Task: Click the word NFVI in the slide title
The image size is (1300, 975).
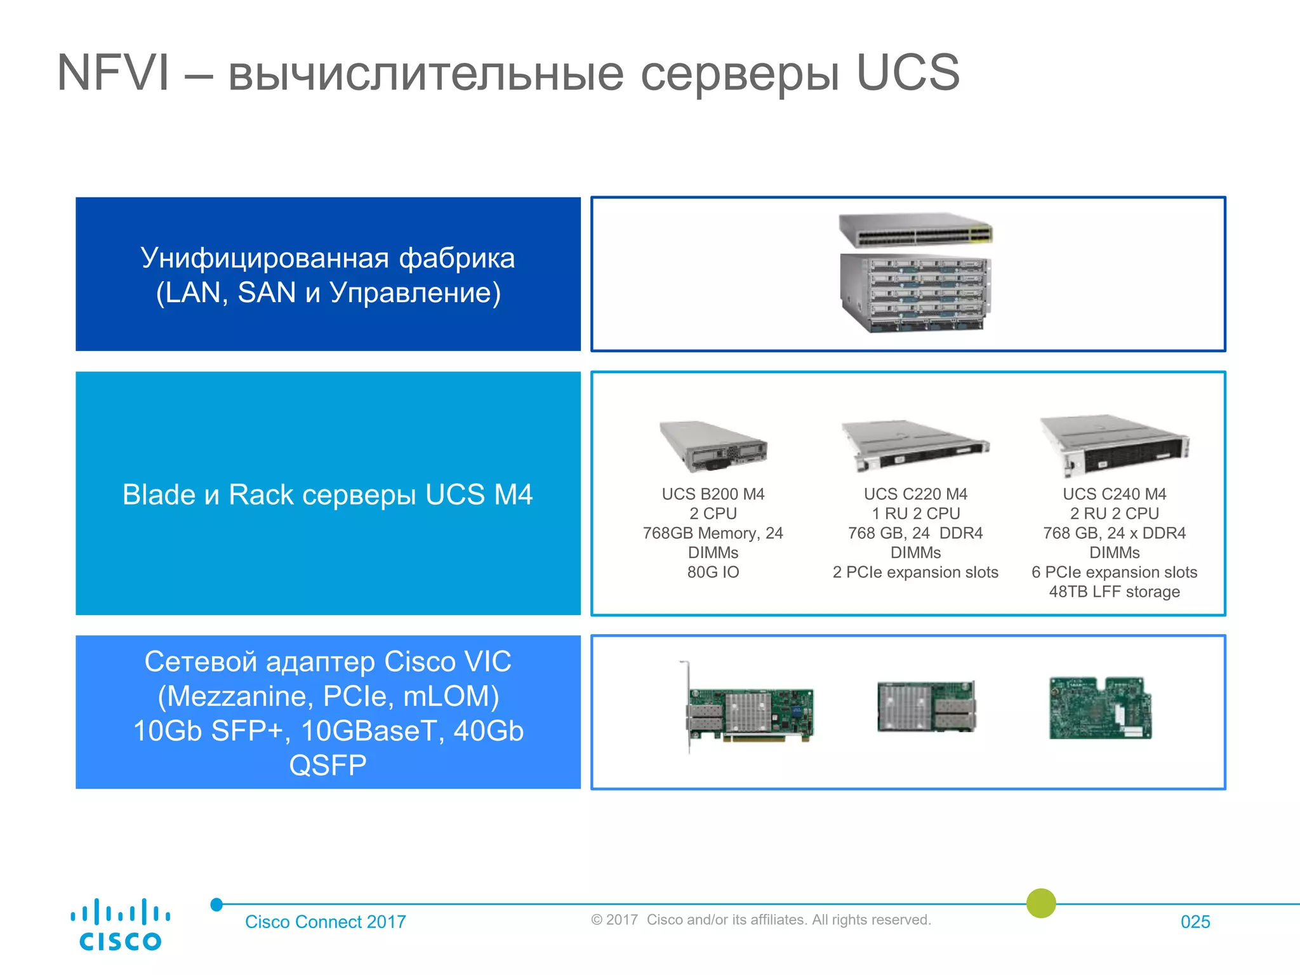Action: (x=114, y=73)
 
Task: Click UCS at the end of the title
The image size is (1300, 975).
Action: (x=908, y=73)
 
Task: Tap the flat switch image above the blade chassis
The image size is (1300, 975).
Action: (x=915, y=229)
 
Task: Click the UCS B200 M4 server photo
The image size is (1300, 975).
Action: (x=713, y=445)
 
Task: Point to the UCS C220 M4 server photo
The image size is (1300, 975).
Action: (x=915, y=445)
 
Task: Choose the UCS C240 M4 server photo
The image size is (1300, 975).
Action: (x=1114, y=445)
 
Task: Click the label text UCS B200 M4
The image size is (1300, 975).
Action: (x=713, y=494)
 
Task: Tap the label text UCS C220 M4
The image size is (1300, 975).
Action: (x=915, y=494)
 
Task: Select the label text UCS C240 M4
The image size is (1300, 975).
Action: (x=1114, y=494)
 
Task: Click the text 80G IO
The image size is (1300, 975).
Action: (x=713, y=572)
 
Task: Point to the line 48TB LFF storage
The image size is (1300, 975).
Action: (x=1114, y=592)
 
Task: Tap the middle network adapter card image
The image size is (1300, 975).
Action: (x=926, y=706)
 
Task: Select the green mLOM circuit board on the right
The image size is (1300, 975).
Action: (x=1100, y=708)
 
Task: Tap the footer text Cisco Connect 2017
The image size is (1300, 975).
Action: (x=325, y=922)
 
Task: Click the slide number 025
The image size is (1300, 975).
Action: (x=1195, y=922)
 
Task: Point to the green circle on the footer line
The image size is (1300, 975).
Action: (x=1041, y=903)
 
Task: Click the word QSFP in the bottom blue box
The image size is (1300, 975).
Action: (x=328, y=766)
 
